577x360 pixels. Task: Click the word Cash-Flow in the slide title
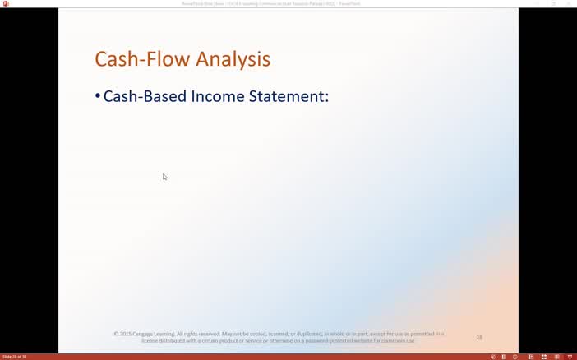click(x=136, y=59)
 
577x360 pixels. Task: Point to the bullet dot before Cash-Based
click(x=98, y=96)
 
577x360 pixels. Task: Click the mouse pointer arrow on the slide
click(x=164, y=176)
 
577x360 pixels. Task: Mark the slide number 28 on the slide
click(x=479, y=337)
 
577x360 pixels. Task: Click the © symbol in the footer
click(x=116, y=334)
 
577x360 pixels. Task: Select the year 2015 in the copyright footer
click(x=125, y=334)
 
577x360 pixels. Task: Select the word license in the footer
click(x=150, y=340)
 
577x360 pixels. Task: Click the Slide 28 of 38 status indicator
click(x=15, y=357)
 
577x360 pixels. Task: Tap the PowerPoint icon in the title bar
click(x=6, y=3)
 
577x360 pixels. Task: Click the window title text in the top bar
click(x=271, y=3)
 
